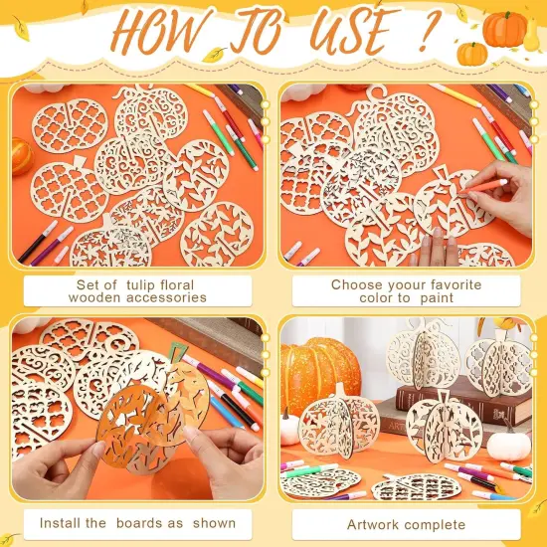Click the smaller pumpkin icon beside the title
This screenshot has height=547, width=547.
pyautogui.click(x=472, y=53)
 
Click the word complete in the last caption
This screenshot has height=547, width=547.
pyautogui.click(x=435, y=523)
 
